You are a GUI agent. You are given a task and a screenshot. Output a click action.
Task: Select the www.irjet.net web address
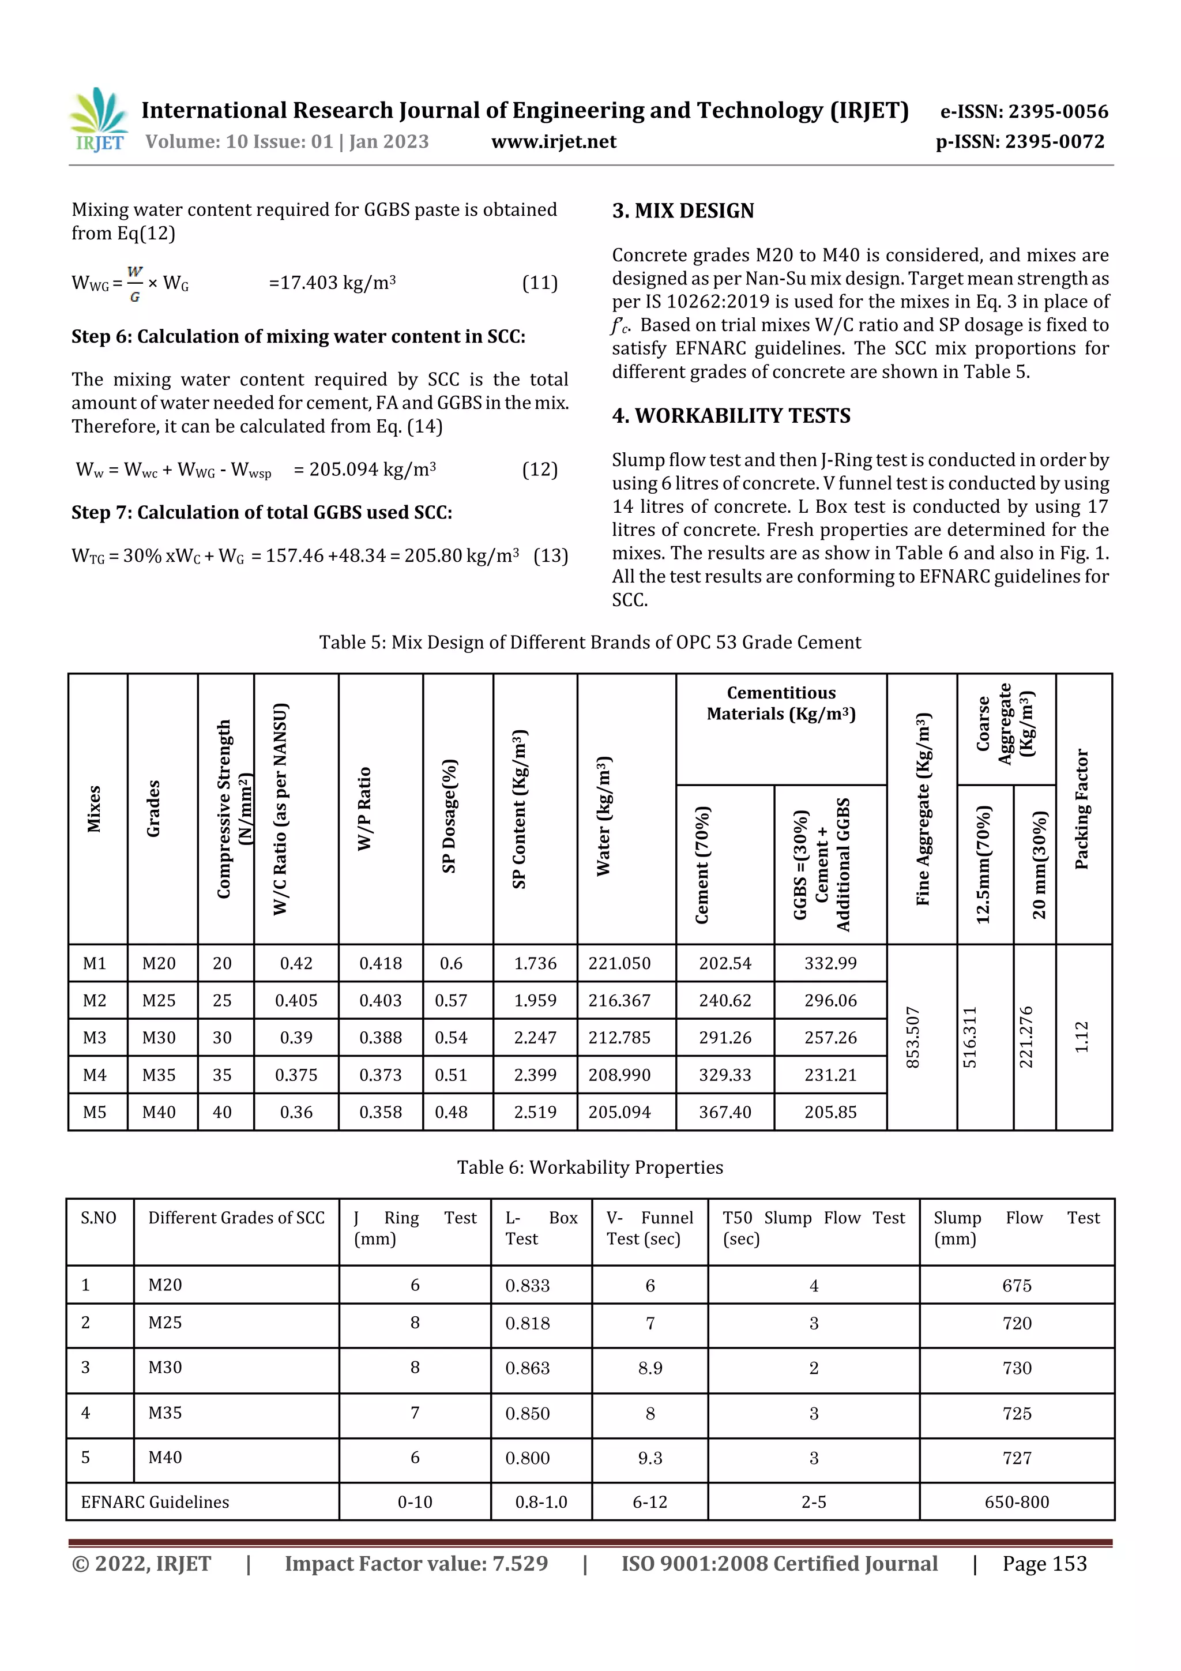[x=554, y=141]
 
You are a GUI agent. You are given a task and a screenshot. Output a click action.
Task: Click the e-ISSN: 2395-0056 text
[x=1024, y=111]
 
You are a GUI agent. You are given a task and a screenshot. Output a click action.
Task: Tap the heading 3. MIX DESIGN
[x=683, y=211]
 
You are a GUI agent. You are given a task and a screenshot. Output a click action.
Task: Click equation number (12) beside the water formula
[x=539, y=470]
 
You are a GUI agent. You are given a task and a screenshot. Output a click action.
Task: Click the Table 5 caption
[x=589, y=642]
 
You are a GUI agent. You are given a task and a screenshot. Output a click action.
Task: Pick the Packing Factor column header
[x=1082, y=808]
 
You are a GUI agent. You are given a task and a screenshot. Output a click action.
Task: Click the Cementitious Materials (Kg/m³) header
[x=781, y=703]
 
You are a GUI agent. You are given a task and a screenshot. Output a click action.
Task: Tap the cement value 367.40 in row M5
[x=725, y=1112]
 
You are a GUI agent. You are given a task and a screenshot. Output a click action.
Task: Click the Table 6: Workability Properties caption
[x=589, y=1167]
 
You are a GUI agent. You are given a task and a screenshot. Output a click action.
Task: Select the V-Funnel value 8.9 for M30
[x=650, y=1368]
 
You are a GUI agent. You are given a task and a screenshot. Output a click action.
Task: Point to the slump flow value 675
[x=1017, y=1286]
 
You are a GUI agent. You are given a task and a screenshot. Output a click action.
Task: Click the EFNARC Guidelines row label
[x=155, y=1502]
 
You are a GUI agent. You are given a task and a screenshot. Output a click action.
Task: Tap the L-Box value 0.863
[x=528, y=1368]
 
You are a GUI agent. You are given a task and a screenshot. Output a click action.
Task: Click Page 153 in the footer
[x=1044, y=1564]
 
